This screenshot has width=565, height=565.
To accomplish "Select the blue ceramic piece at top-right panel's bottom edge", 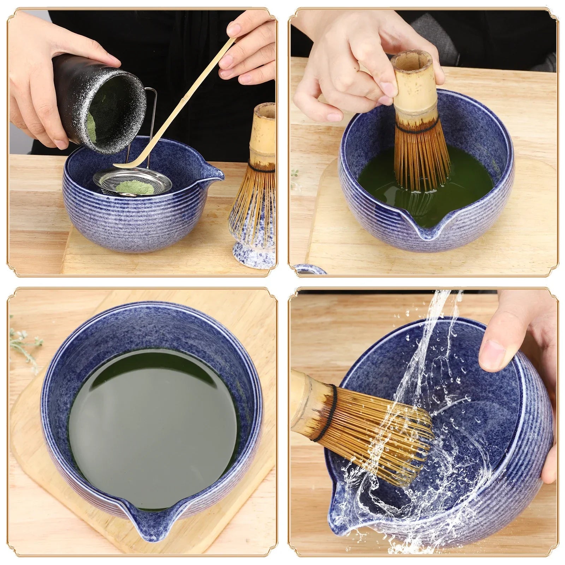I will pyautogui.click(x=311, y=270).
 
